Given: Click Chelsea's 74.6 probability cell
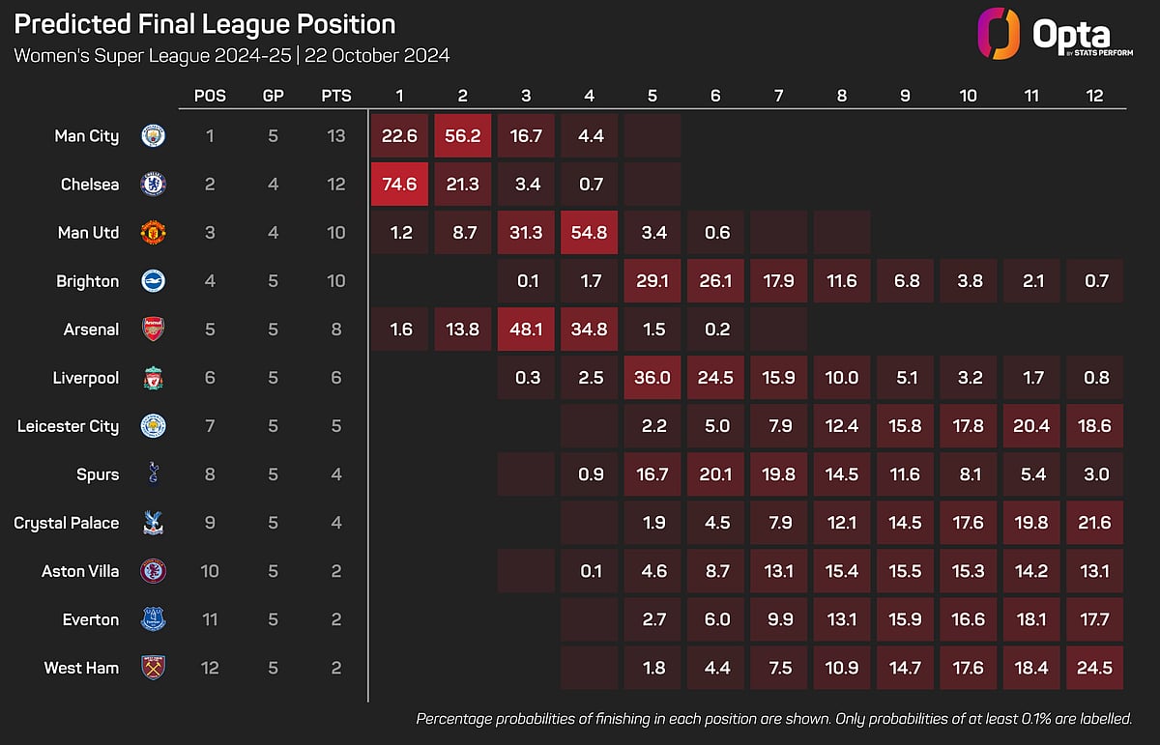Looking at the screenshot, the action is pyautogui.click(x=399, y=185).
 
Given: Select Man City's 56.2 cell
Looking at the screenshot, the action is pyautogui.click(x=462, y=135).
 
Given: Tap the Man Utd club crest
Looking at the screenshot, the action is pyautogui.click(x=154, y=233).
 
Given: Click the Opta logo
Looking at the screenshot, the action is pyautogui.click(x=1055, y=34).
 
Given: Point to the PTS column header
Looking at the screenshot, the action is pyautogui.click(x=336, y=96).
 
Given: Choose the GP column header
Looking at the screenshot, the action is pyautogui.click(x=273, y=96).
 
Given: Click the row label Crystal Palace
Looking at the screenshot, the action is pyautogui.click(x=67, y=523).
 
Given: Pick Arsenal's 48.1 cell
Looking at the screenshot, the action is pyautogui.click(x=526, y=330).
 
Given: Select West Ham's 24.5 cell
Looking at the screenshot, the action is pyautogui.click(x=1094, y=668).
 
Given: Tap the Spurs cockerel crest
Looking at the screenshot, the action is pyautogui.click(x=154, y=473).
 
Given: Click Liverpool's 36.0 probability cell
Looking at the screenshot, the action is pyautogui.click(x=652, y=378).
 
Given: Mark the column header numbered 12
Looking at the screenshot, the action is pyautogui.click(x=1094, y=96).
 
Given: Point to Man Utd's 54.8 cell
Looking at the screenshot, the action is pyautogui.click(x=589, y=233).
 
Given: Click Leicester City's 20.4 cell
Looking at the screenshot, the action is pyautogui.click(x=1031, y=426).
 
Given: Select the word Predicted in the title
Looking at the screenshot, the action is pyautogui.click(x=72, y=24).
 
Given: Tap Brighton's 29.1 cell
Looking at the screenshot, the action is pyautogui.click(x=652, y=280).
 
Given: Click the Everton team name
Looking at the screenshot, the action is pyautogui.click(x=91, y=619).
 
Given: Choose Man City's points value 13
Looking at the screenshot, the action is pyautogui.click(x=336, y=135).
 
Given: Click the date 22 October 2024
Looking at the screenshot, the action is pyautogui.click(x=377, y=55).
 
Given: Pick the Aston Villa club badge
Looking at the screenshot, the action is pyautogui.click(x=154, y=571).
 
